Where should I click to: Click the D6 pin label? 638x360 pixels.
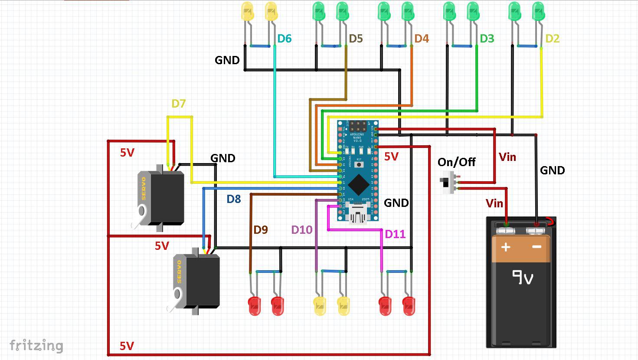[284, 39]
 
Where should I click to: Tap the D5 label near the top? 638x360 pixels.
[356, 39]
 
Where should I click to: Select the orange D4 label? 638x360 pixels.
[421, 39]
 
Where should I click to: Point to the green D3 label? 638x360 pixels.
[487, 39]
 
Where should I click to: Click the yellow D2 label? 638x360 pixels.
[552, 39]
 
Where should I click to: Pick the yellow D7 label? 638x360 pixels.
[178, 104]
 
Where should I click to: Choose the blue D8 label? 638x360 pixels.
[233, 199]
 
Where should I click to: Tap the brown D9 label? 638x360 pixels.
[260, 230]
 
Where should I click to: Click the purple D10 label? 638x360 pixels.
[301, 230]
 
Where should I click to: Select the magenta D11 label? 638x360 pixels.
[395, 235]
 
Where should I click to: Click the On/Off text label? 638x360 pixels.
[456, 162]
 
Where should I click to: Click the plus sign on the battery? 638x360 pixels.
[506, 247]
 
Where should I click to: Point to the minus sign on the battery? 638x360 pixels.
[537, 247]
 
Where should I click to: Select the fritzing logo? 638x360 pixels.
[36, 345]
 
